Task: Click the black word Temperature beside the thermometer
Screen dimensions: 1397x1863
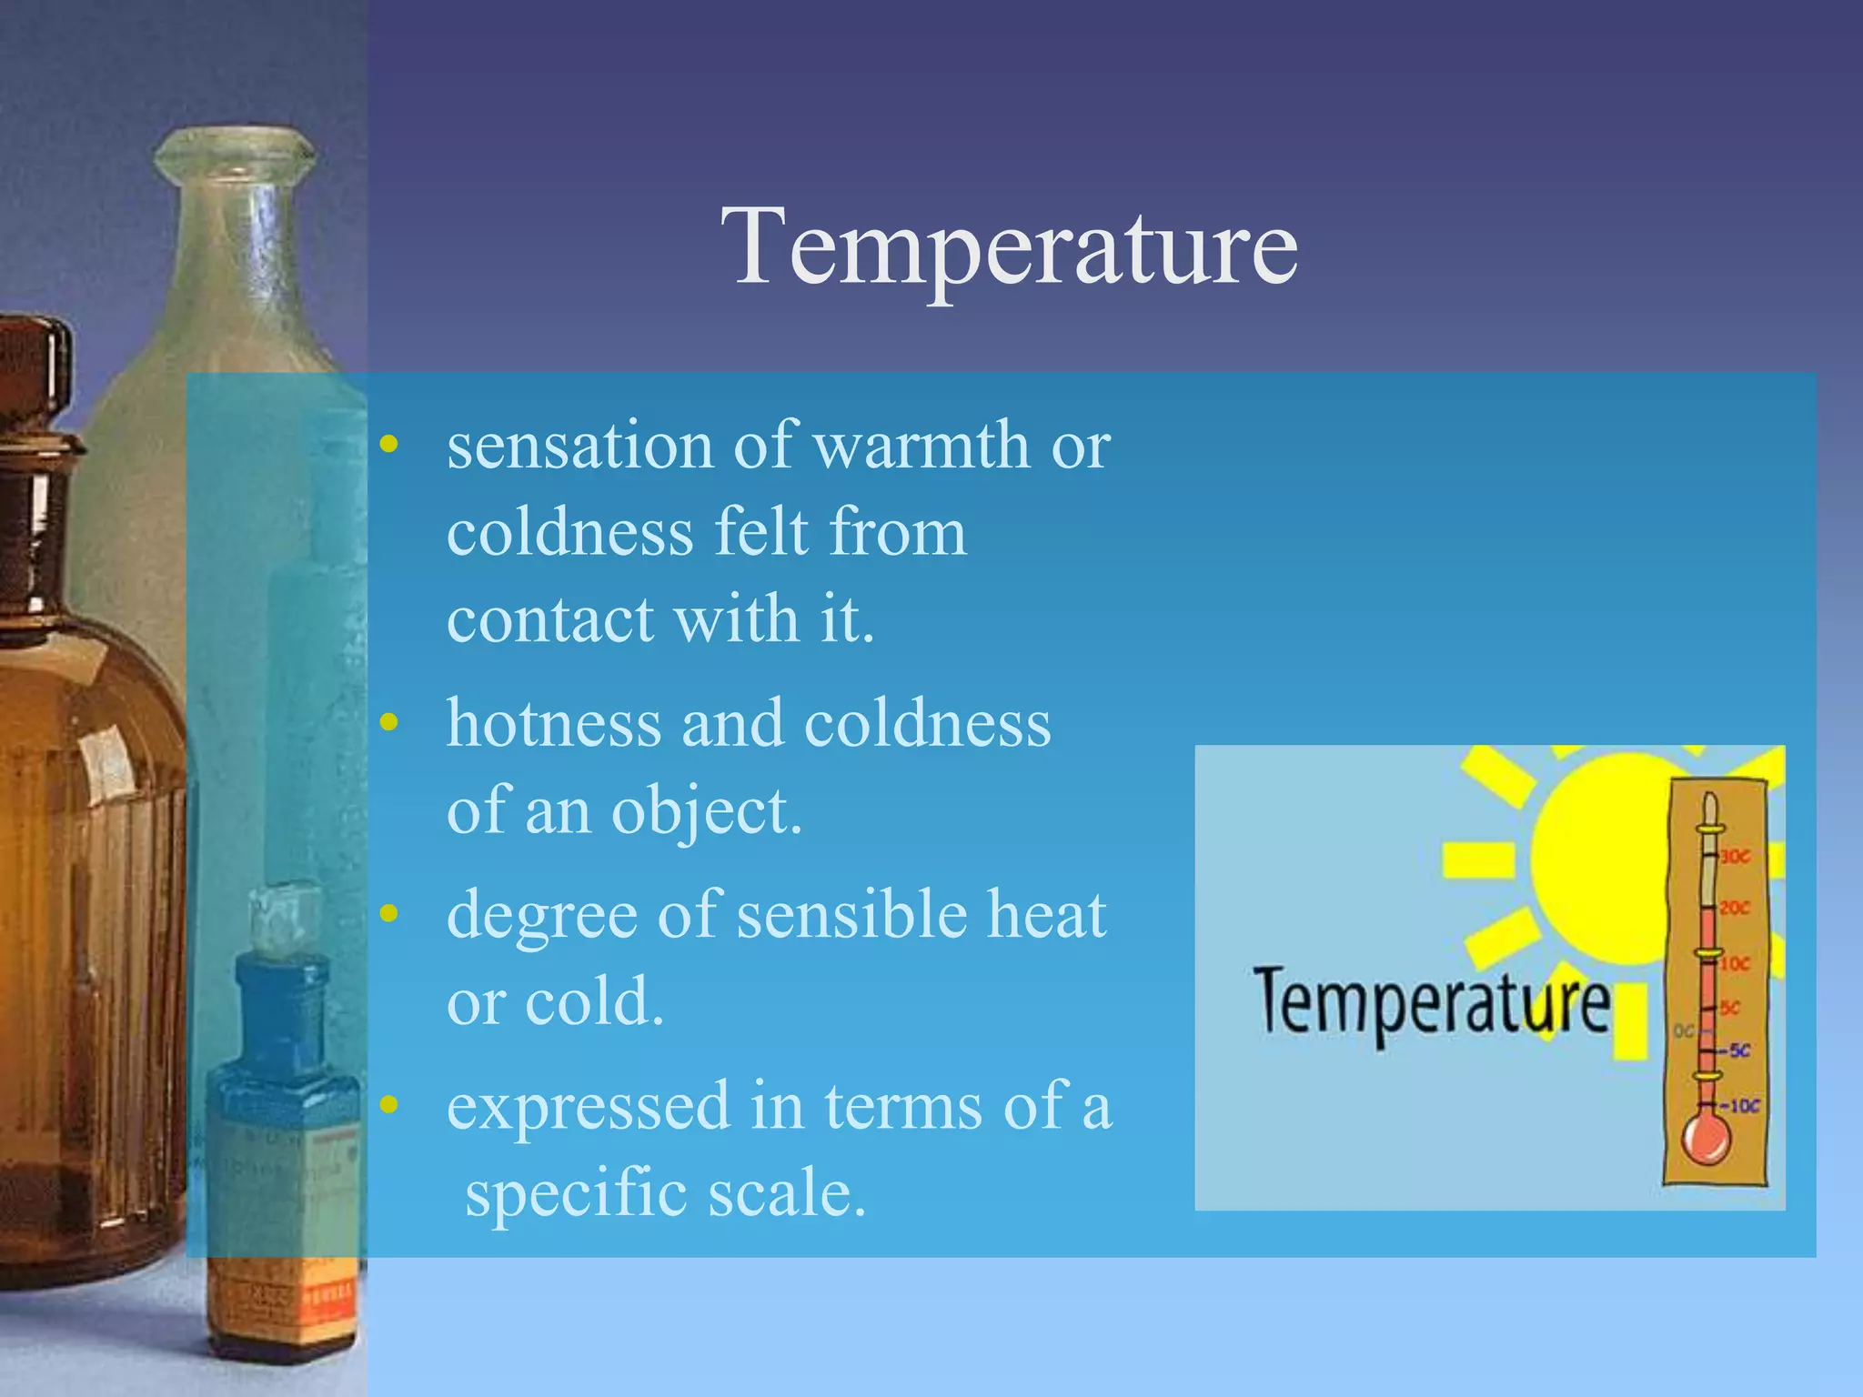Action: (x=1431, y=1004)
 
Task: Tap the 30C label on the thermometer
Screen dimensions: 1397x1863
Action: (x=1735, y=856)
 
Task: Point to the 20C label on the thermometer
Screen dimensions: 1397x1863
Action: (x=1735, y=908)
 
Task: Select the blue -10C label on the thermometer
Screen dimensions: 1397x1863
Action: (x=1742, y=1107)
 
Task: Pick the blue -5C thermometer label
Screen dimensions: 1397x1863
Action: (x=1737, y=1051)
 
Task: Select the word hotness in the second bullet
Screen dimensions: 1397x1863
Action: (x=553, y=723)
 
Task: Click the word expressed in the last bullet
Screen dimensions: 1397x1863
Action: (x=589, y=1107)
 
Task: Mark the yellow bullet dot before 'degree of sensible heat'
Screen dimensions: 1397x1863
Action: (x=389, y=914)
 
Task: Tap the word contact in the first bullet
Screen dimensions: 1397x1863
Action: (x=549, y=619)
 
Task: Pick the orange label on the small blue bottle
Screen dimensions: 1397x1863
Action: (x=282, y=1301)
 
